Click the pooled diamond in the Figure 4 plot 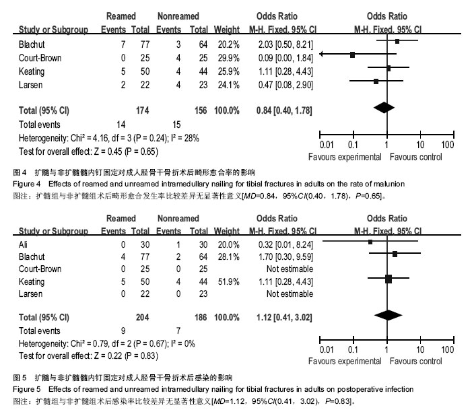[x=384, y=108]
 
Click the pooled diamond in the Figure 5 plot [x=388, y=315]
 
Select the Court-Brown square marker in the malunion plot [x=353, y=55]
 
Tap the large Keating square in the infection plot [x=389, y=279]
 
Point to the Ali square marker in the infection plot [x=370, y=242]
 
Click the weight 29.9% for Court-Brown [x=228, y=58]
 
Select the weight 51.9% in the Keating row [x=228, y=281]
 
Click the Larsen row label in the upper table [x=30, y=85]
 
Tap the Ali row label [x=23, y=244]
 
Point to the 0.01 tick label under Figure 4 [x=327, y=145]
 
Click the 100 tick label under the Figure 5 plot [x=447, y=349]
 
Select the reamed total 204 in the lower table [x=142, y=318]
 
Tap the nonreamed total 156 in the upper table [x=201, y=110]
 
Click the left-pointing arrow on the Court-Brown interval [x=321, y=54]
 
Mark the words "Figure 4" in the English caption [x=26, y=184]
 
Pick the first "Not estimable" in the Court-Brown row [x=290, y=269]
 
